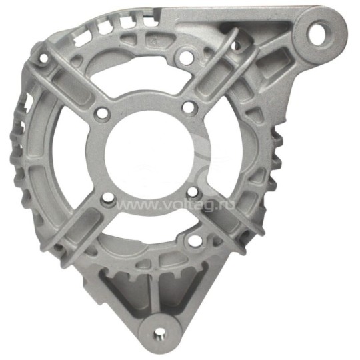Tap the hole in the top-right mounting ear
(319, 33)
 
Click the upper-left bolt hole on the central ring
(103, 113)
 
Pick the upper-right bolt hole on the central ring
(189, 107)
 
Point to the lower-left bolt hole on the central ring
(108, 199)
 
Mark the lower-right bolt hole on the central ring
(193, 193)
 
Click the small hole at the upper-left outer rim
(43, 58)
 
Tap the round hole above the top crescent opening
(187, 55)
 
